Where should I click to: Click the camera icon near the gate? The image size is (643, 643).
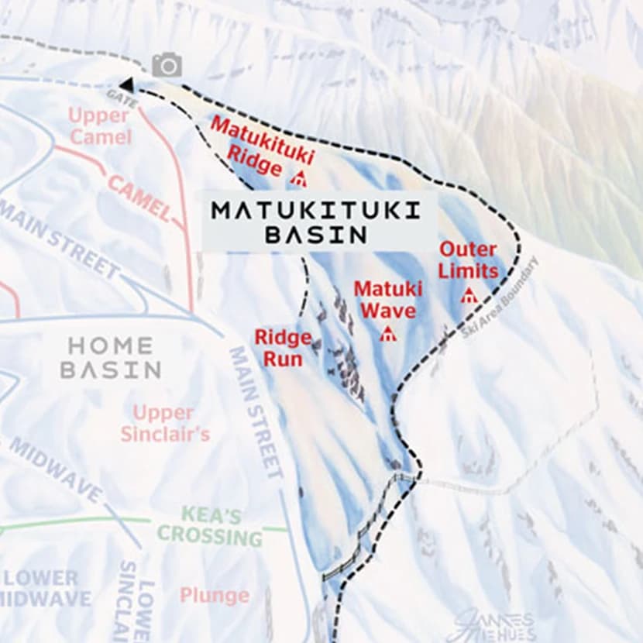pos(167,65)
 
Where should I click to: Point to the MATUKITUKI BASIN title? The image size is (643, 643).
pos(315,222)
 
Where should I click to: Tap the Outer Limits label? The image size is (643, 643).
pos(468,260)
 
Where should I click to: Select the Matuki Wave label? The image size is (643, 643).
pos(387,300)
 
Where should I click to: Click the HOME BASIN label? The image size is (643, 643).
pos(111,357)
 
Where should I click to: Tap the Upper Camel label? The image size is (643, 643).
pos(98,126)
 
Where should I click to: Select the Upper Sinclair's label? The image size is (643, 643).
pos(164,423)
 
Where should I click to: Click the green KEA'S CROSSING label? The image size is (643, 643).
pos(210,525)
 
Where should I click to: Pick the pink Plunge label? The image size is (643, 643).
pos(215,595)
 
